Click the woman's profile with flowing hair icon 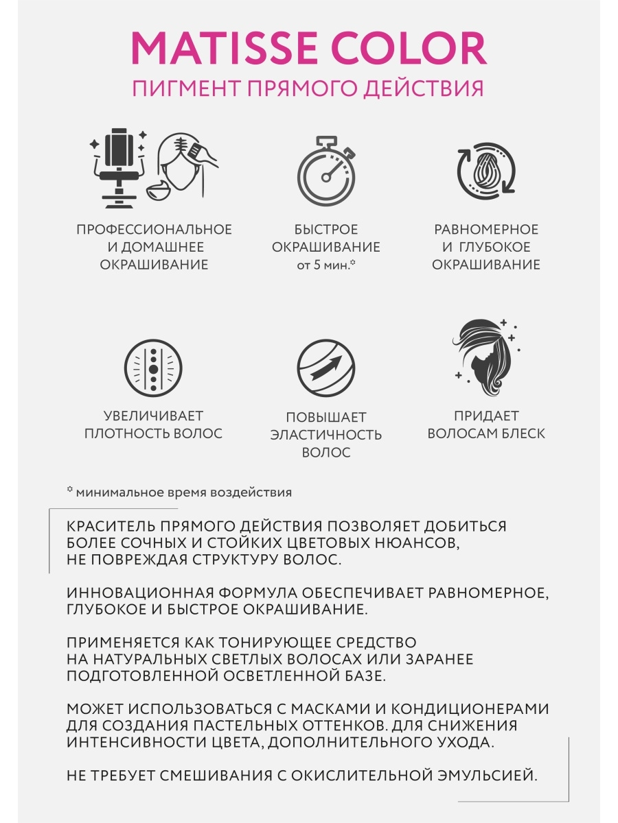click(485, 355)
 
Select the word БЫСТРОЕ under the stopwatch click(325, 230)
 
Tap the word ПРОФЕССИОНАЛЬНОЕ click(154, 230)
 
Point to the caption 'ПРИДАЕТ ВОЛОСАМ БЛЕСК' click(485, 425)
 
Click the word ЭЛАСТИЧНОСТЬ click(325, 435)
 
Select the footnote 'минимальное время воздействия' click(183, 492)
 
